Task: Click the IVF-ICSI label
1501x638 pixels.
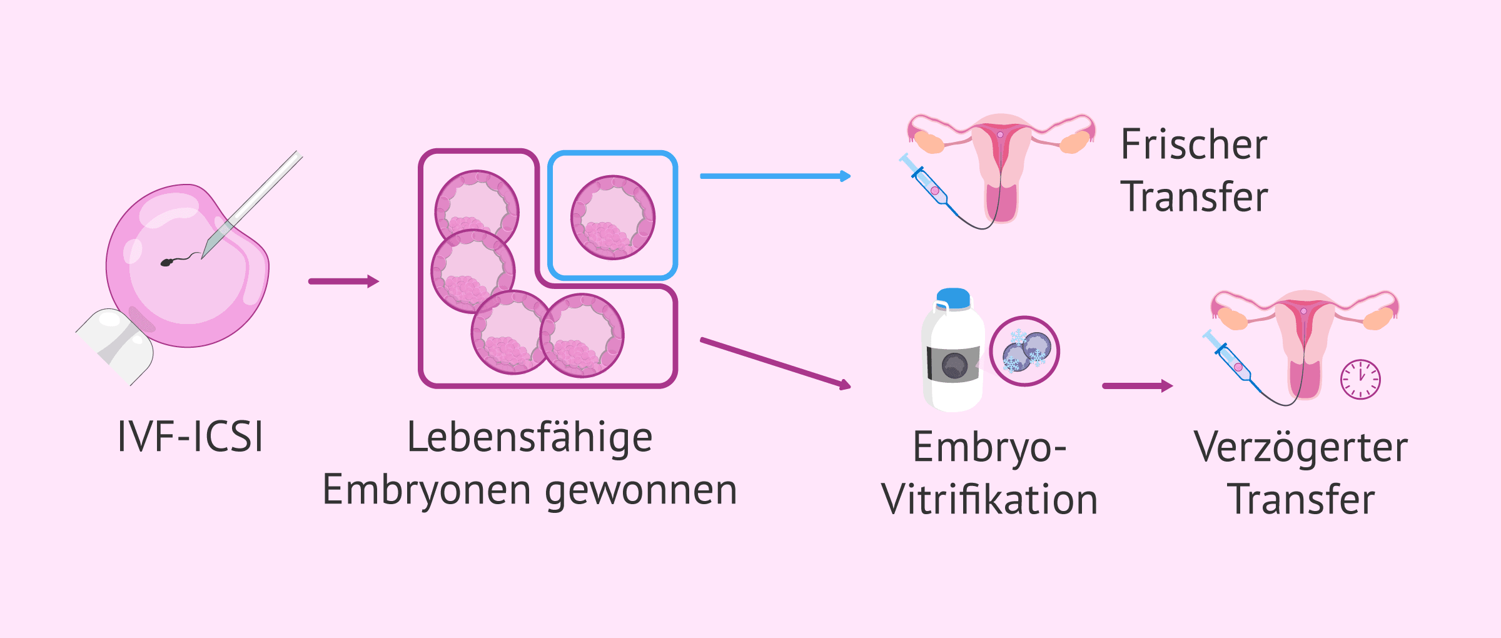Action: pos(190,437)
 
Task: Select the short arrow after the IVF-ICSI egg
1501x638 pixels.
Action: pos(343,281)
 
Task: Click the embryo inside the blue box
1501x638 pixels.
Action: pos(612,217)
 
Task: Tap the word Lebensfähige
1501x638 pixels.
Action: pos(530,438)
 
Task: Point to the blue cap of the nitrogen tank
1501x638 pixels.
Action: pos(954,298)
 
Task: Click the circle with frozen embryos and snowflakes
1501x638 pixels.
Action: pos(1024,351)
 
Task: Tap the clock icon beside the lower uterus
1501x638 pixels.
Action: pos(1360,379)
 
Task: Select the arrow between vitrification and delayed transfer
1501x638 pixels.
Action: pos(1136,386)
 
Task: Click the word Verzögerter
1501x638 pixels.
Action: pos(1301,448)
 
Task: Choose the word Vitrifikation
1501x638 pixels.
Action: pos(989,500)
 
